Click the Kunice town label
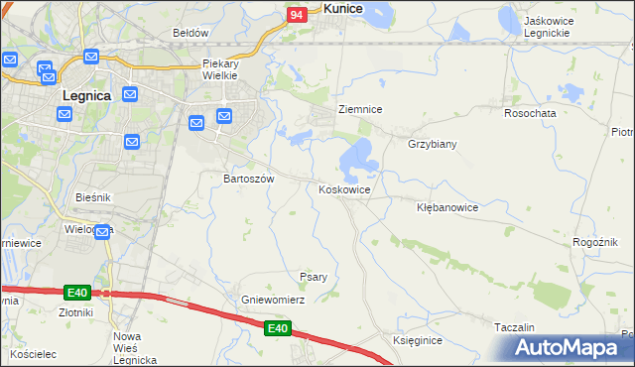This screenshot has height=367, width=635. click(342, 8)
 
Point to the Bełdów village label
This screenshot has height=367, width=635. click(190, 33)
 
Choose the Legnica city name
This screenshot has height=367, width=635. click(91, 96)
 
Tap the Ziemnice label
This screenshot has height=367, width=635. click(360, 109)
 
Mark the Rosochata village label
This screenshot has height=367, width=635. click(530, 113)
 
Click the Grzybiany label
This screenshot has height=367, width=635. click(432, 144)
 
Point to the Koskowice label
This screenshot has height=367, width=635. click(345, 189)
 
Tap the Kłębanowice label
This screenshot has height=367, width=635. click(447, 208)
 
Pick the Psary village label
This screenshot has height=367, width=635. click(314, 277)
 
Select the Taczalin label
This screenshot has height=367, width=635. click(514, 327)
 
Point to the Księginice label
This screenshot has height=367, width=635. click(417, 340)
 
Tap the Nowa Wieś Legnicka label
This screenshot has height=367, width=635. click(134, 348)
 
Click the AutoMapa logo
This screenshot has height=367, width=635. click(567, 347)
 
